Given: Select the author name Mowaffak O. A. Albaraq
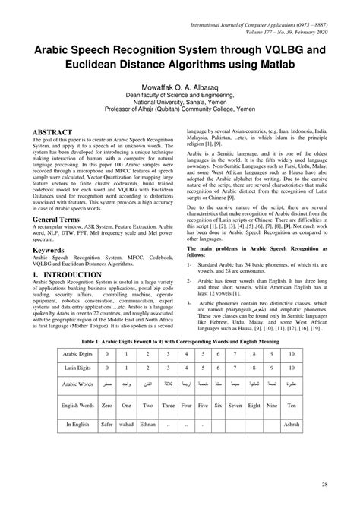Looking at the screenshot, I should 179,87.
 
